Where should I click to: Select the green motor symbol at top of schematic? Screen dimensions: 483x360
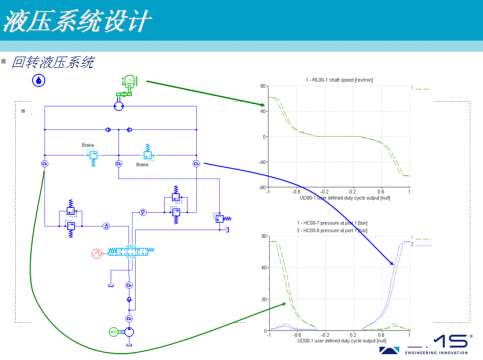(127, 82)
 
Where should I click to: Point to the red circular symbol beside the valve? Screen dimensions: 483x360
(98, 254)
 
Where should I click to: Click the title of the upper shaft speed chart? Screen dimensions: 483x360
(338, 79)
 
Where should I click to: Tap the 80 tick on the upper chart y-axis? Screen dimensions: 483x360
(262, 87)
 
